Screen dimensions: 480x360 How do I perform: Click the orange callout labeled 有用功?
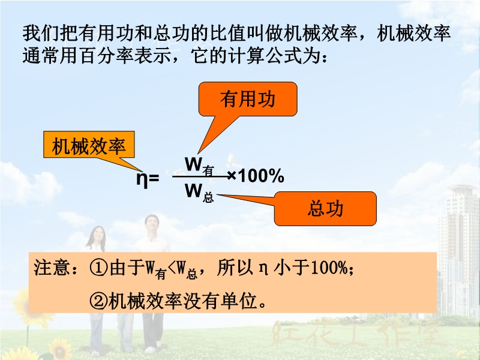(x=248, y=99)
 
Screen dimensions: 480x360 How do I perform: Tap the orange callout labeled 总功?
(x=325, y=209)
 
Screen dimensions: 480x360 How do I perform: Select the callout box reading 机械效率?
(x=89, y=145)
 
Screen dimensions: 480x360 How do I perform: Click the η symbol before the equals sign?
(x=142, y=178)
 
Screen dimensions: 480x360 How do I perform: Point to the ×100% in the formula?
(x=256, y=176)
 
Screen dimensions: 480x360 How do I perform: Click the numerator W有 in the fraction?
(x=199, y=166)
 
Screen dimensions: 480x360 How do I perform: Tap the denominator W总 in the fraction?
(x=199, y=193)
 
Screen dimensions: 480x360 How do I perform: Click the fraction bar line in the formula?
(x=201, y=176)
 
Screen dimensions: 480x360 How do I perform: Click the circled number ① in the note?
(x=98, y=268)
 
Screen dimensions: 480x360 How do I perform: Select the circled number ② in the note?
(x=98, y=301)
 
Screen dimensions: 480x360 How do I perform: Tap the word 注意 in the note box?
(x=52, y=267)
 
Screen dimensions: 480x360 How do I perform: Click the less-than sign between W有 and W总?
(x=172, y=268)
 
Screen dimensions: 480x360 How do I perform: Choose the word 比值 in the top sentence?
(x=228, y=33)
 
